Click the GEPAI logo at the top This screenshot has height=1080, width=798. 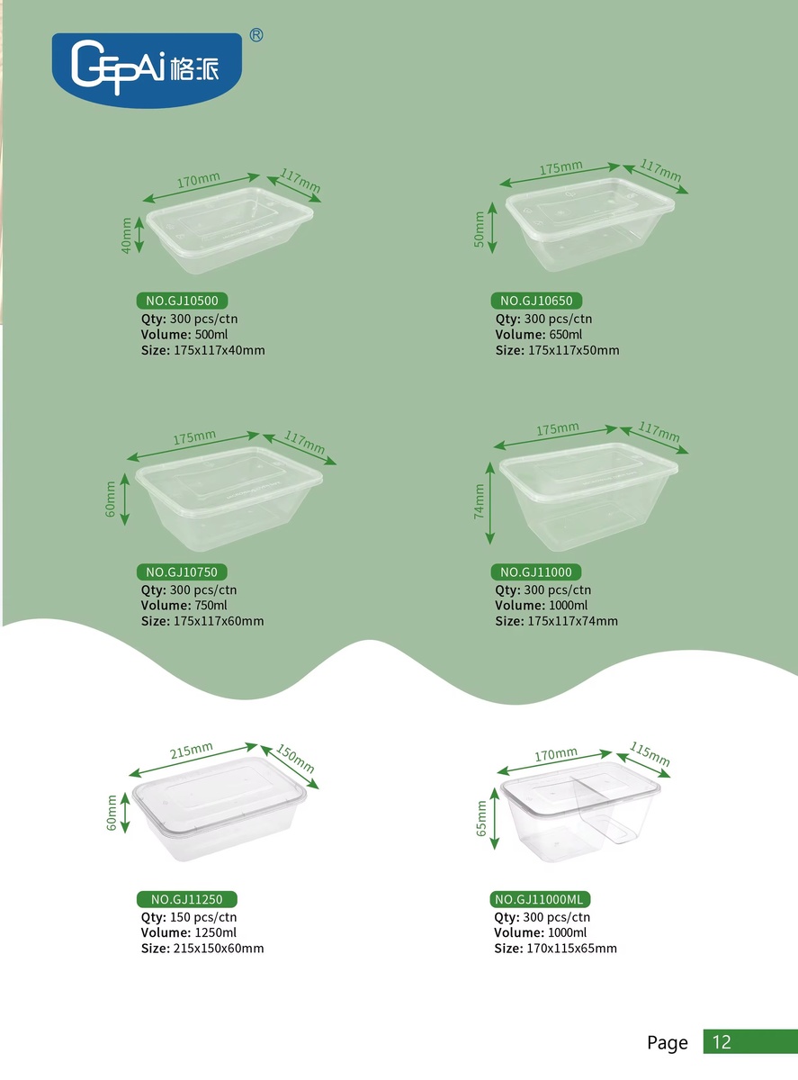pyautogui.click(x=147, y=70)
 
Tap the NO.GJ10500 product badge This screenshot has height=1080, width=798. pyautogui.click(x=182, y=301)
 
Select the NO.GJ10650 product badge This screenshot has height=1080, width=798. pyautogui.click(x=536, y=301)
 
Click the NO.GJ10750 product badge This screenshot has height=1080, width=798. pyautogui.click(x=182, y=571)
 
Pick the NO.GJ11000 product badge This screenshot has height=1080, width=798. pyautogui.click(x=536, y=571)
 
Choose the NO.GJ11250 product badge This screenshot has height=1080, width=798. pyautogui.click(x=186, y=899)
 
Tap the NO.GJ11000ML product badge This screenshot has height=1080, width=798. pyautogui.click(x=540, y=899)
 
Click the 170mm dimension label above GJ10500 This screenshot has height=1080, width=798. pyautogui.click(x=198, y=180)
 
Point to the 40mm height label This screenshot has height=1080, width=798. pyautogui.click(x=126, y=235)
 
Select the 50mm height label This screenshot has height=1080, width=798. pyautogui.click(x=480, y=229)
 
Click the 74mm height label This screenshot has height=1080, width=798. pyautogui.click(x=480, y=501)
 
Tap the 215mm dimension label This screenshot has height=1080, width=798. pyautogui.click(x=192, y=751)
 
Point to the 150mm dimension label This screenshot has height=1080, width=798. pyautogui.click(x=295, y=758)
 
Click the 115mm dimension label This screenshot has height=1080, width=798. pyautogui.click(x=650, y=754)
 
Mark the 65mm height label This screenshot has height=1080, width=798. pyautogui.click(x=481, y=818)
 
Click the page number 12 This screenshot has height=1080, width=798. pyautogui.click(x=722, y=1042)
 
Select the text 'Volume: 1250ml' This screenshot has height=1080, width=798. pyautogui.click(x=188, y=932)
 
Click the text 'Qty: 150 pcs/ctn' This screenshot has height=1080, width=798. pyautogui.click(x=189, y=917)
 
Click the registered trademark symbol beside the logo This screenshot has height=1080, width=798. pyautogui.click(x=256, y=35)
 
